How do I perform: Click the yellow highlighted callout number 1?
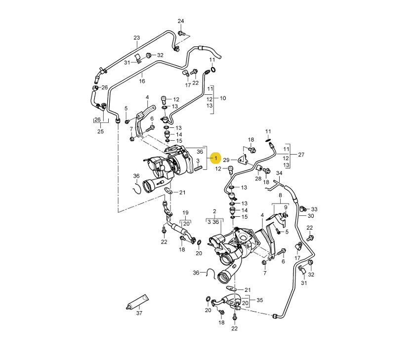coord(215,158)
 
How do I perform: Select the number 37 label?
coord(139,313)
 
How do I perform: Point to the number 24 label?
coord(180,21)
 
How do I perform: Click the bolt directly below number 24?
coord(182,34)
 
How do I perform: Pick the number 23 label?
coord(137,38)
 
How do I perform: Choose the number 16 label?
coord(142,81)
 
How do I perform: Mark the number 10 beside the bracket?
coord(222,99)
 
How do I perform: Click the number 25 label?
coord(100,131)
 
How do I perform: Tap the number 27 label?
coord(301,155)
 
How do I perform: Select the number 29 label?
coord(226,160)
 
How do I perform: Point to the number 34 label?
coord(279,173)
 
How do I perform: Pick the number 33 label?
coord(314,209)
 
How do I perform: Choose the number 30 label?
coord(310,216)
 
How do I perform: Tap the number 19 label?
coord(186,213)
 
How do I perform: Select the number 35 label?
coord(260,300)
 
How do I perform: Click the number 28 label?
coord(258,178)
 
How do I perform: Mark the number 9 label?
coord(285,207)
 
